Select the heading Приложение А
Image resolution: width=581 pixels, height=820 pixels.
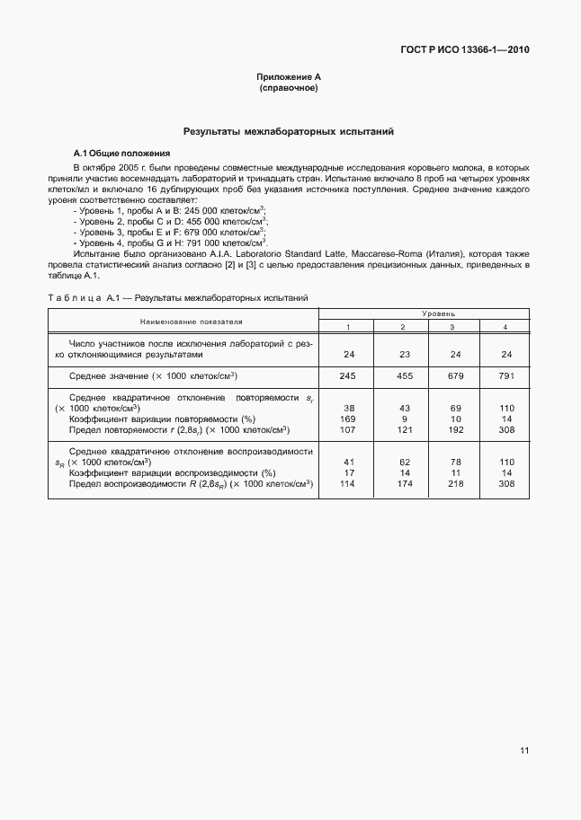coord(289,78)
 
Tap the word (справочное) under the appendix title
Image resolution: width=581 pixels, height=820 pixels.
coord(289,89)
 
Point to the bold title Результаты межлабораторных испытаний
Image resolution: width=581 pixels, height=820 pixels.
coord(289,131)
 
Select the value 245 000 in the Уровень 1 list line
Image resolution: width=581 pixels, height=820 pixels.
coord(203,209)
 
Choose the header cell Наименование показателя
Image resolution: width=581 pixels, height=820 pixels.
coord(183,321)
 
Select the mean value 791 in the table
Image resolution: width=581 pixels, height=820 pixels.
coord(505,375)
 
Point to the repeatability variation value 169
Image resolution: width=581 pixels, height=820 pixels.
coord(350,419)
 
